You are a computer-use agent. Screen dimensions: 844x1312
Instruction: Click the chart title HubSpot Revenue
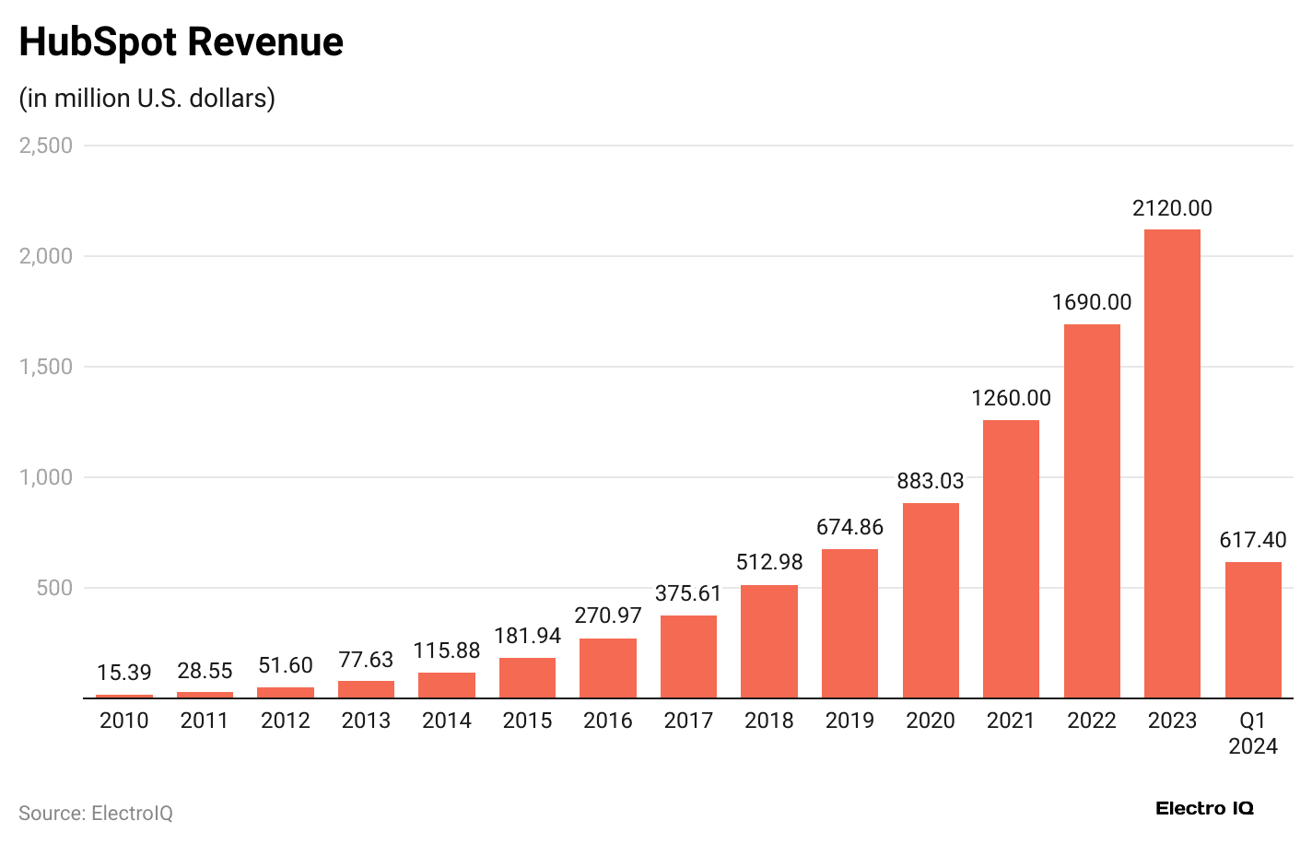181,42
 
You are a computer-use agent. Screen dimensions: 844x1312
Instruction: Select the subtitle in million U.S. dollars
147,98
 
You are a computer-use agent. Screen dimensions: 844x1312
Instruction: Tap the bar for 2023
1172,463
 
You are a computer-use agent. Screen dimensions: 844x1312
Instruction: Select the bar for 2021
1011,559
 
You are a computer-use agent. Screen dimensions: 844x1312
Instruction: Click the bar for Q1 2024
1253,630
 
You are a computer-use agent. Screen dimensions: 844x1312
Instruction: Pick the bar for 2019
849,624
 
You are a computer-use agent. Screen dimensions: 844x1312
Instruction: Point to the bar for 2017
688,657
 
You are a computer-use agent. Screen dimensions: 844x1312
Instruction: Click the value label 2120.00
1172,208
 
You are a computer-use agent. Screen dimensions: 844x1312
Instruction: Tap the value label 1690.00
1092,302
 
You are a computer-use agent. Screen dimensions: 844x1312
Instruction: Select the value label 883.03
931,481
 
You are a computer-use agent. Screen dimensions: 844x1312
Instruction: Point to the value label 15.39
123,673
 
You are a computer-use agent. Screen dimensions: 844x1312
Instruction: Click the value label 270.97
608,615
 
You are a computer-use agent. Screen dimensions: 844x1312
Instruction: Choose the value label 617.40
1253,540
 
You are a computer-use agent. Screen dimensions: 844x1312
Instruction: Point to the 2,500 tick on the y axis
46,146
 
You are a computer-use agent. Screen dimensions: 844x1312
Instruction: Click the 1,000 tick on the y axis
46,477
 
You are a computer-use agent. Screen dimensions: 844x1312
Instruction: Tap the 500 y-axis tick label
54,588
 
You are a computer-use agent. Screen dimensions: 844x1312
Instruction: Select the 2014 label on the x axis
447,721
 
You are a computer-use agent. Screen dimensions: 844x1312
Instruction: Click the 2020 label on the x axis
931,721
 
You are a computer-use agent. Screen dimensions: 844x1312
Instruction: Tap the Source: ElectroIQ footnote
96,814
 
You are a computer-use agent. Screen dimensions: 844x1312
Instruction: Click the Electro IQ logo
1204,808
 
